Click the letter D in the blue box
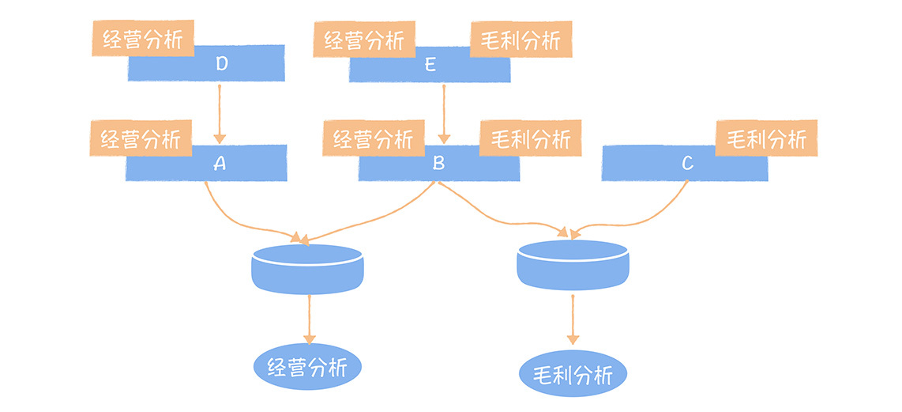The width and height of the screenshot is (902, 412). click(x=221, y=65)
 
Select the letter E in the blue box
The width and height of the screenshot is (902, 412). click(x=430, y=65)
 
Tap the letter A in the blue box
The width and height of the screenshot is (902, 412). click(x=220, y=164)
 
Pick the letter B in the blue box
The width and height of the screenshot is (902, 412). click(x=439, y=164)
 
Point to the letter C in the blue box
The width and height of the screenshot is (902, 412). click(x=687, y=164)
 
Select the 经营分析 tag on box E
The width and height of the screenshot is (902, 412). click(x=364, y=40)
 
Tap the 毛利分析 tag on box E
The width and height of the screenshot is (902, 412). click(x=521, y=40)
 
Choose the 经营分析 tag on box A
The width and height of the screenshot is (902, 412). click(x=141, y=139)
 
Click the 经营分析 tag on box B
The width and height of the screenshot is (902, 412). click(x=373, y=140)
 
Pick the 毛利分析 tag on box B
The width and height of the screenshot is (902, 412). click(x=531, y=140)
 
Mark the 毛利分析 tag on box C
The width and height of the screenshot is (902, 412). click(x=767, y=139)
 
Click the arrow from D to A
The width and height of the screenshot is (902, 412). click(x=220, y=111)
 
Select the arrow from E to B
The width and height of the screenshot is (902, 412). click(x=444, y=111)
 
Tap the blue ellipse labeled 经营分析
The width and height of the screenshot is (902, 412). click(x=308, y=367)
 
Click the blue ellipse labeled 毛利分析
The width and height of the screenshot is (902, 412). click(x=573, y=373)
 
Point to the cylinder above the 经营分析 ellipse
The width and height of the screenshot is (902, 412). click(x=307, y=269)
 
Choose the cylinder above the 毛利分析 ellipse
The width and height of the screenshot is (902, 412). click(x=573, y=265)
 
